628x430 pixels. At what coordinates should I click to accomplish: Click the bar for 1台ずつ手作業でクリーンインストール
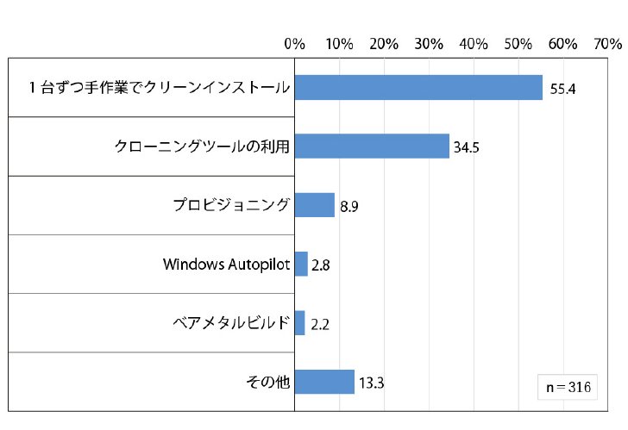[x=418, y=87]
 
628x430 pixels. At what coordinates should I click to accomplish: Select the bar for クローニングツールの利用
[x=372, y=146]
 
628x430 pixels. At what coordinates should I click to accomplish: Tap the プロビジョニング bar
[x=315, y=205]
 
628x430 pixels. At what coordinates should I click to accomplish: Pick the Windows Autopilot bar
[x=301, y=264]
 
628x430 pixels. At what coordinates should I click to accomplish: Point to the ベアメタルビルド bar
[x=300, y=323]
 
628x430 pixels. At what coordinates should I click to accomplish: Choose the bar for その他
[x=325, y=382]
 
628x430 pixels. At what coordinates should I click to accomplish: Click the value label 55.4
[x=562, y=89]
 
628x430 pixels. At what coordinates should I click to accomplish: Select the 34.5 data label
[x=466, y=147]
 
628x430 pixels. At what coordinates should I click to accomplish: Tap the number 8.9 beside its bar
[x=349, y=207]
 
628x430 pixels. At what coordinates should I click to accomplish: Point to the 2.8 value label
[x=320, y=265]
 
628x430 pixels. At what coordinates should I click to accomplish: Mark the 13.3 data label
[x=371, y=383]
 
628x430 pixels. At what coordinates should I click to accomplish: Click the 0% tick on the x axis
[x=295, y=44]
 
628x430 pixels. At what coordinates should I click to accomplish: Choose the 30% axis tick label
[x=429, y=44]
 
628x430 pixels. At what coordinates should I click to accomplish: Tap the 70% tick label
[x=608, y=44]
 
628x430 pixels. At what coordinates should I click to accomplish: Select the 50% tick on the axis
[x=518, y=44]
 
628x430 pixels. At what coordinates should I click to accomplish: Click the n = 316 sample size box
[x=568, y=387]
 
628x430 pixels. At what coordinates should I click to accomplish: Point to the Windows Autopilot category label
[x=226, y=265]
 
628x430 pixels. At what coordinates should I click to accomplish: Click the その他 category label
[x=268, y=382]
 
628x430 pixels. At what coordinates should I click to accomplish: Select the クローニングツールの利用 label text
[x=202, y=146]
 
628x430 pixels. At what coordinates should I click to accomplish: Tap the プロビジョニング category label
[x=231, y=205]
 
